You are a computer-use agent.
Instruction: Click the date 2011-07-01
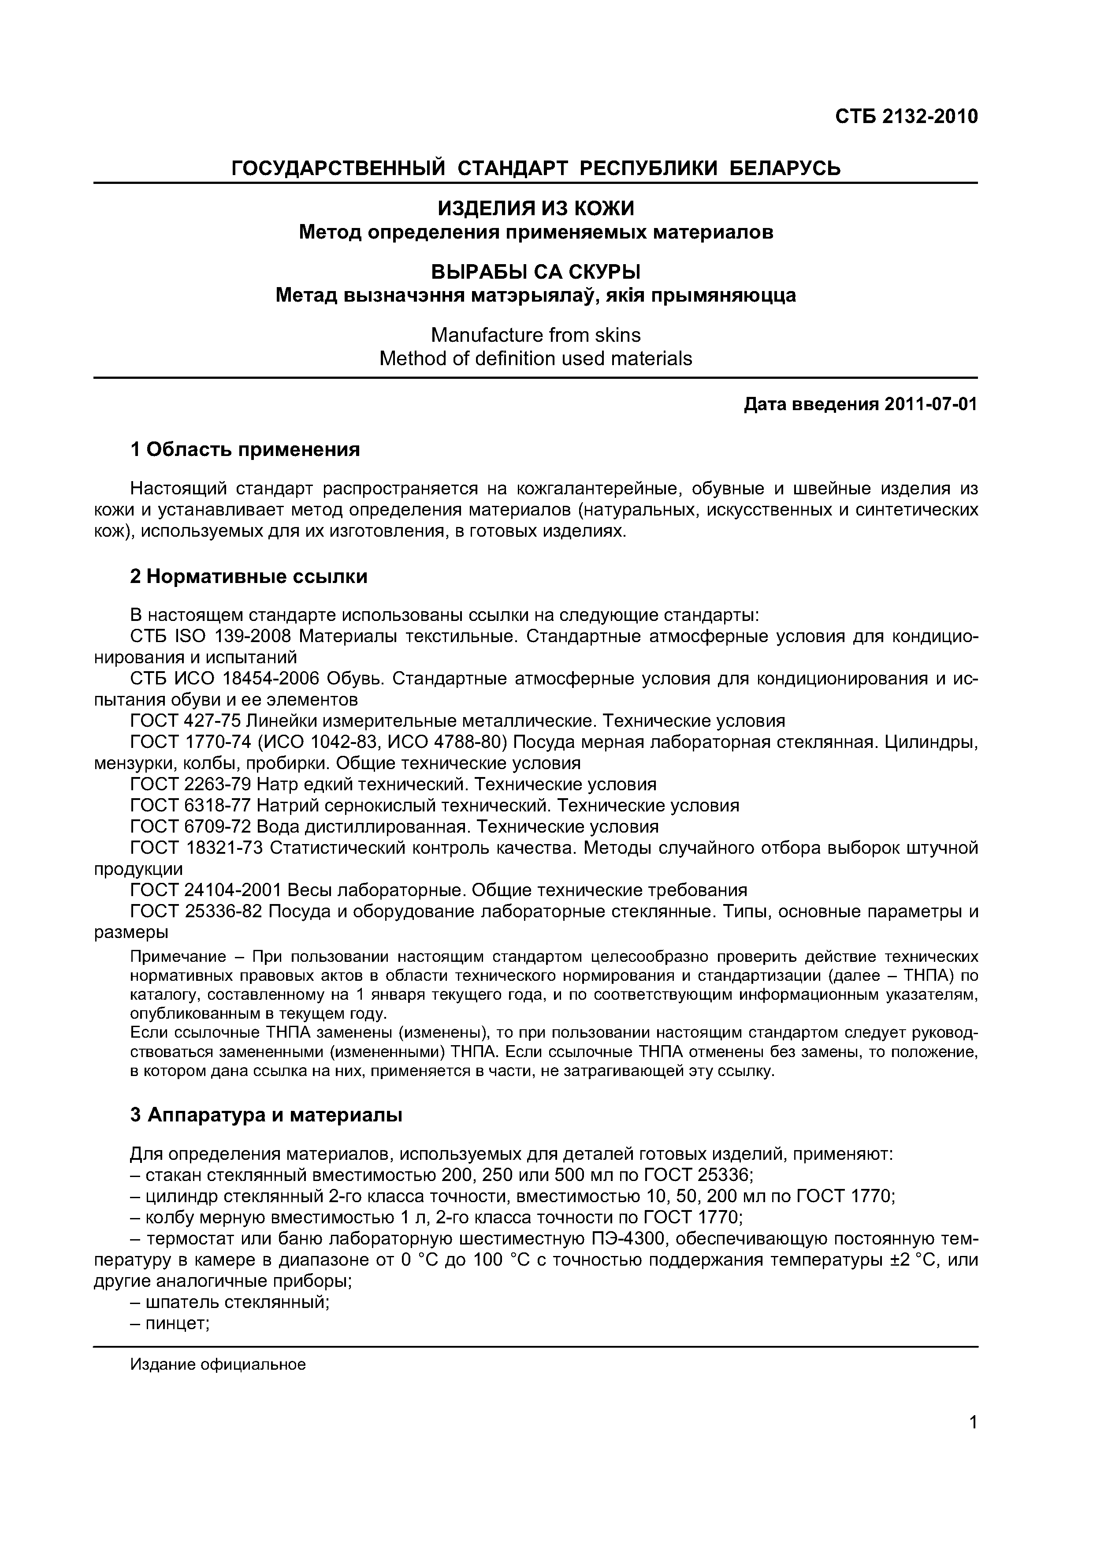(931, 404)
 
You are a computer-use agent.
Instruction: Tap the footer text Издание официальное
(218, 1364)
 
